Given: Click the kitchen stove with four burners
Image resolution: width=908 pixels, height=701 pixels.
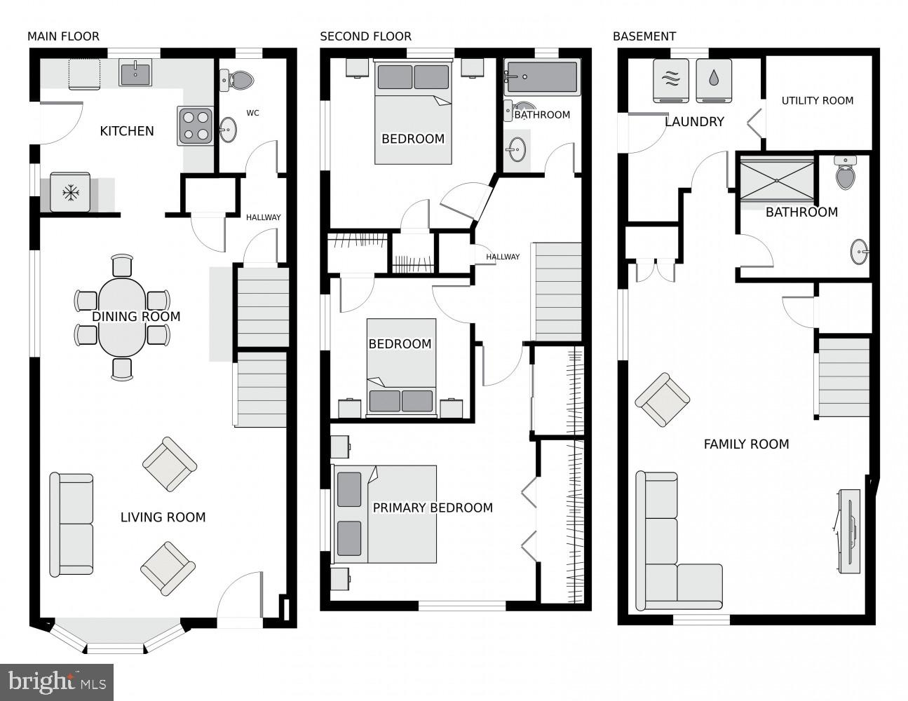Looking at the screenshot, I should tap(195, 126).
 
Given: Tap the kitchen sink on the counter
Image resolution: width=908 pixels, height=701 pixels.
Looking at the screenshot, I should tap(135, 72).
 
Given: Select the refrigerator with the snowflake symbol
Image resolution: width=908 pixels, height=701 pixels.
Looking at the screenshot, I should tap(69, 192).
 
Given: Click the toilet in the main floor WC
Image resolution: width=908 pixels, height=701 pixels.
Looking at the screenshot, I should tap(236, 81).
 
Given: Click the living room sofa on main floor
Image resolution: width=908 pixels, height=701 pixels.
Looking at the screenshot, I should tap(72, 524).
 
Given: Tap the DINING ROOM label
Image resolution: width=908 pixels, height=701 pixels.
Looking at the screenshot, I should tap(136, 317).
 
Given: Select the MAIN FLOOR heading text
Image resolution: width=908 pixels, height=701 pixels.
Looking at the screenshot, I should tap(63, 36).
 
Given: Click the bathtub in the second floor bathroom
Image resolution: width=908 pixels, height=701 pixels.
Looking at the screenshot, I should tap(542, 76).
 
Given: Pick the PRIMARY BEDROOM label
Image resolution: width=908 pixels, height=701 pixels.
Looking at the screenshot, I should tap(433, 508).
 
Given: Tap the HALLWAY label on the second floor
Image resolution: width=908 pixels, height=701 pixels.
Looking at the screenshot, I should tap(503, 257).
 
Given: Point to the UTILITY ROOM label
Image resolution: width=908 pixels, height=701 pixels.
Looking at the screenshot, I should tap(818, 100).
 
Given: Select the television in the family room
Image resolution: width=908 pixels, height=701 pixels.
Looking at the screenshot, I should tap(849, 530).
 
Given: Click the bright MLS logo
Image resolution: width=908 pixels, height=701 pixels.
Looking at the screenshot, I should tap(57, 681).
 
